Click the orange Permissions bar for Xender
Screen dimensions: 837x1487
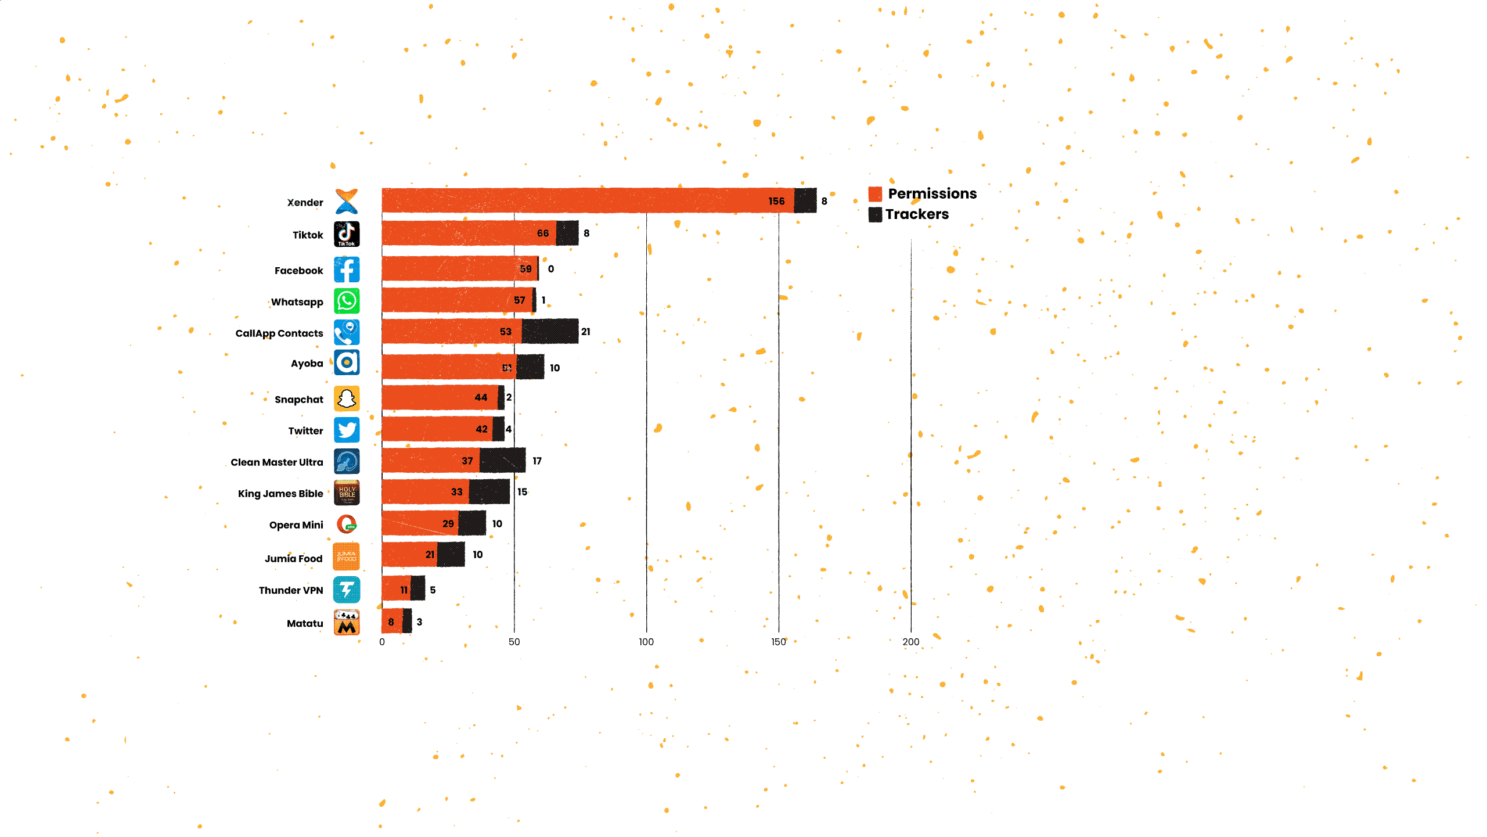point(586,201)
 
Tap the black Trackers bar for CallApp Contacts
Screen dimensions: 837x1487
point(549,332)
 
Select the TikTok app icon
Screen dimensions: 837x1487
point(347,234)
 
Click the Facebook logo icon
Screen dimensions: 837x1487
point(347,270)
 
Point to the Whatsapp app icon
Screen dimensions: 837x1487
point(347,301)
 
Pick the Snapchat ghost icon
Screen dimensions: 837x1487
point(347,398)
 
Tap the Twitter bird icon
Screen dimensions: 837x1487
point(347,430)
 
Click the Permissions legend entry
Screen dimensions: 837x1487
point(923,193)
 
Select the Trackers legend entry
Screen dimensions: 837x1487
point(909,214)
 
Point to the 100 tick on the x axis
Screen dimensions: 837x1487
point(646,642)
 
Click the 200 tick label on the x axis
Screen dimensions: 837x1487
point(910,642)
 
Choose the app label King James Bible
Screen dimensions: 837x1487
point(280,494)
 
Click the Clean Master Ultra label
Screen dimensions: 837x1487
point(276,462)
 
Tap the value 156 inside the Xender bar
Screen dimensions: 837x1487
point(776,201)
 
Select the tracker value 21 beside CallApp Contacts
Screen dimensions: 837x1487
point(585,332)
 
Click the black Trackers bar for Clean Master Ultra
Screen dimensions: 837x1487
point(502,461)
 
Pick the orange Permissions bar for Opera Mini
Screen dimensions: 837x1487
point(419,523)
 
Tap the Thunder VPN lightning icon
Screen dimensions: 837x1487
point(347,590)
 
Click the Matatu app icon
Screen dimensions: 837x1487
point(347,623)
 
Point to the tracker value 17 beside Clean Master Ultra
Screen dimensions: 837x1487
point(537,461)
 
